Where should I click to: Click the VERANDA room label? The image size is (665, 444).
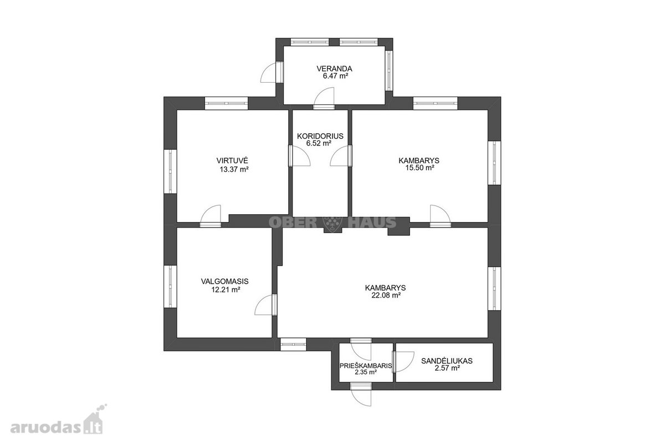coord(334,69)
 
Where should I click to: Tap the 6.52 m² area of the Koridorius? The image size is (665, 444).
coord(319,143)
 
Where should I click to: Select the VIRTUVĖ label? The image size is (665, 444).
coord(232,160)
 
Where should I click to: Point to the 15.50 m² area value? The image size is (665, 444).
coord(420,168)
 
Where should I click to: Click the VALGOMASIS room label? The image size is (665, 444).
coord(225,281)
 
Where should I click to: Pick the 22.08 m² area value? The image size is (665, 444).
coord(386,295)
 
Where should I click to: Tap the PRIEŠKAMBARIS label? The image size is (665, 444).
coord(366,366)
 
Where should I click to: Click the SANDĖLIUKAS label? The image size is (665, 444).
coord(447,361)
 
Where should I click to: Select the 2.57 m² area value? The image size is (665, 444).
coord(447,368)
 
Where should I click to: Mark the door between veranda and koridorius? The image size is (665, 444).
coord(324,98)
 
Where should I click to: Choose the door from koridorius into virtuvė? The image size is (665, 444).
coord(300,155)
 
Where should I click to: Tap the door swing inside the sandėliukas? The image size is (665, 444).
coord(403,362)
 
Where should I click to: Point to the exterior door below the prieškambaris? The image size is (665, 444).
coord(361,395)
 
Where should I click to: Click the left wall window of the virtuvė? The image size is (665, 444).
coord(171,171)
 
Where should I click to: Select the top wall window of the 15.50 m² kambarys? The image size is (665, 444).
coord(435,103)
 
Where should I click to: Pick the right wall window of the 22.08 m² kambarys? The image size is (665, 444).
coord(494,289)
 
